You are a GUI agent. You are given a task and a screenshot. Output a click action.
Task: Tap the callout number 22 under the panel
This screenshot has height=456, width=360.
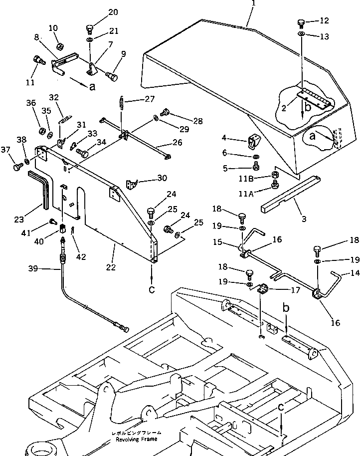click(x=111, y=267)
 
